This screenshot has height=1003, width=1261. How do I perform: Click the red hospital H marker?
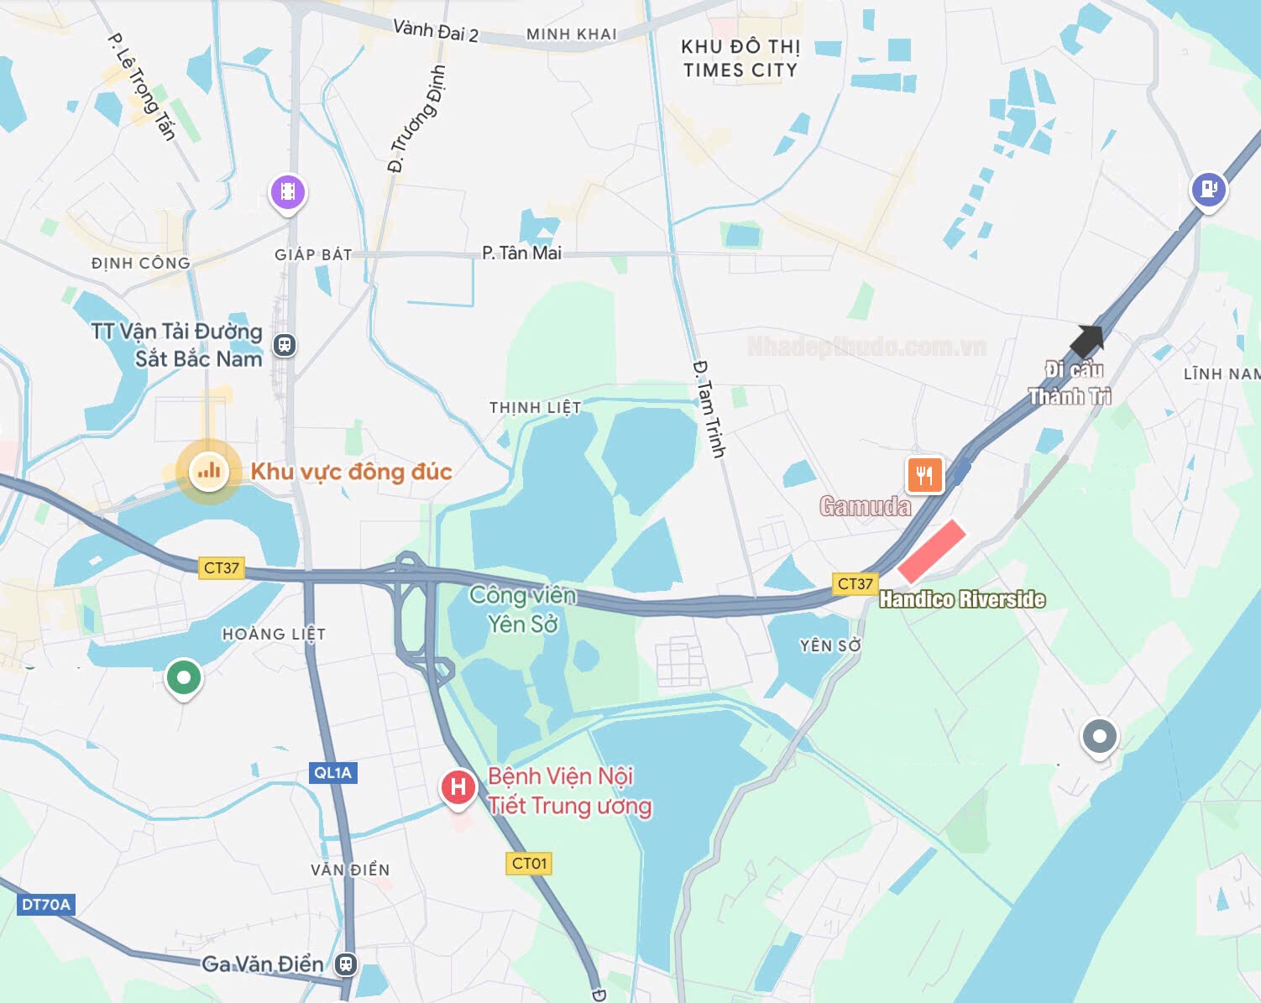[x=458, y=786]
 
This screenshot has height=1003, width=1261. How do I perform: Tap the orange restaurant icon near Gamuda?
[x=924, y=475]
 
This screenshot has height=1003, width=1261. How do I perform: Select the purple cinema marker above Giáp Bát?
[x=288, y=192]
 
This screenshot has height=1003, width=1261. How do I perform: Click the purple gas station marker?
[x=1209, y=190]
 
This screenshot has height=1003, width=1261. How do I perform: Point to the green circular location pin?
[x=184, y=677]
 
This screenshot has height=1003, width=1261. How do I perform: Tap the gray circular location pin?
[x=1099, y=737]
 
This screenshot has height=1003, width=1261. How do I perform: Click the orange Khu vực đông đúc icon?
[x=209, y=471]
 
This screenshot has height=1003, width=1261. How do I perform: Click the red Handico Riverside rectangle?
[x=932, y=551]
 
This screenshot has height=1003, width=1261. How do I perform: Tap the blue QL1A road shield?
[x=333, y=773]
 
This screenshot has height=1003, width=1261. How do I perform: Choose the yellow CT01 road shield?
[x=529, y=863]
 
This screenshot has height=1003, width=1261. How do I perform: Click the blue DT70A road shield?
[x=46, y=904]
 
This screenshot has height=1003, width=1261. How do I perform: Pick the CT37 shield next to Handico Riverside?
[x=855, y=583]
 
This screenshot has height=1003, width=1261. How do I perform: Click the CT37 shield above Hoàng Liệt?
[x=222, y=567]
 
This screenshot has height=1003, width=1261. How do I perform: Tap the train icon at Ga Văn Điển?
[x=346, y=964]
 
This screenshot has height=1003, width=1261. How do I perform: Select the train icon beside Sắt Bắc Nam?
[x=285, y=344]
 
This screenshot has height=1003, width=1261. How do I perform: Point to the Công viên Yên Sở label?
[x=523, y=609]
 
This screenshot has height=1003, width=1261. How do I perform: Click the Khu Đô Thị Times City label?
[x=740, y=59]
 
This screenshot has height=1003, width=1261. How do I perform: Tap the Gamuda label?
[x=865, y=506]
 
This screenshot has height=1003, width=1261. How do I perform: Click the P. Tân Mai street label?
[x=521, y=253]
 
